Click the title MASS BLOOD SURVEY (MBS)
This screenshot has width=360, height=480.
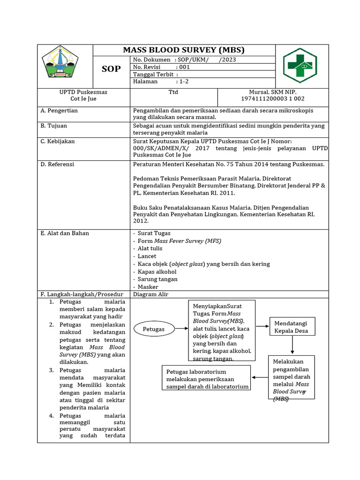184,50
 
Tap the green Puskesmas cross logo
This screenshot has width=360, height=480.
300,66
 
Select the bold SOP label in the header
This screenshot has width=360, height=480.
111,69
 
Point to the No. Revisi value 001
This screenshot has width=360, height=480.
184,67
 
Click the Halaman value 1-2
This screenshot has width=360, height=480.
182,82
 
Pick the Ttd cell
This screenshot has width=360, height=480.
173,92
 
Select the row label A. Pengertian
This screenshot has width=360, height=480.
59,111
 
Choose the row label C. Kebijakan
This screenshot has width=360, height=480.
58,141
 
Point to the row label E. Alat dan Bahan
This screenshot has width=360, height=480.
65,233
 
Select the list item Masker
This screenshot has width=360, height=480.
148,287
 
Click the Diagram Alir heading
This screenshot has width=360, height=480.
150,294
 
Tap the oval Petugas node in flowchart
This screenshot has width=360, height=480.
154,329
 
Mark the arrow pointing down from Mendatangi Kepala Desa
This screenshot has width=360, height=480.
292,345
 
